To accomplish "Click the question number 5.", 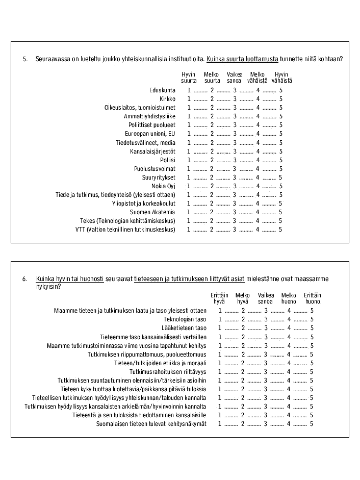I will point(24,59).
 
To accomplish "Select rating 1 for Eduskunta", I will point(189,90).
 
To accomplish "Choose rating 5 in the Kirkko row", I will point(280,99).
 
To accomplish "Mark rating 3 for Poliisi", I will point(235,160).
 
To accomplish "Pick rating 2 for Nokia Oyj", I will point(212,186).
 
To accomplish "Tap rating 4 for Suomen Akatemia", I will point(258,212).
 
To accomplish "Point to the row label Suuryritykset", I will point(159,178).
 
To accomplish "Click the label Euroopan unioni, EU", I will point(153,134).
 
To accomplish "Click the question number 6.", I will point(24,279).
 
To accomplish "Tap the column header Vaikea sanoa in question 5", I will point(234,78).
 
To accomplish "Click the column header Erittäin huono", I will point(313,298).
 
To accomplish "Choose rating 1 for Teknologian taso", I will point(220,319).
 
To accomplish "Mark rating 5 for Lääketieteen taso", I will point(312,328).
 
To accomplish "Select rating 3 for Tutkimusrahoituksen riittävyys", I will point(266,372).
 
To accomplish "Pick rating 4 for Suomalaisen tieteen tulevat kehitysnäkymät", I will point(289,424).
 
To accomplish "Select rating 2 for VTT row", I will point(212,230).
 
